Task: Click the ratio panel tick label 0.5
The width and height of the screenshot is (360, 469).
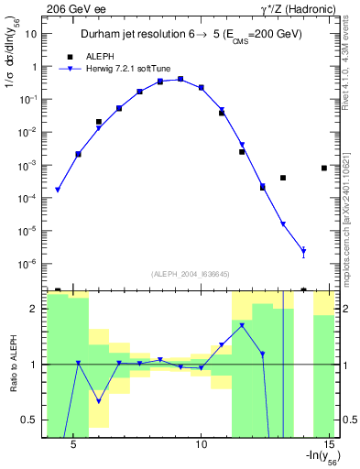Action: [x=27, y=420]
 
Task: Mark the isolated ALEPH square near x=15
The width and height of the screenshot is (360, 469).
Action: [x=324, y=168]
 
